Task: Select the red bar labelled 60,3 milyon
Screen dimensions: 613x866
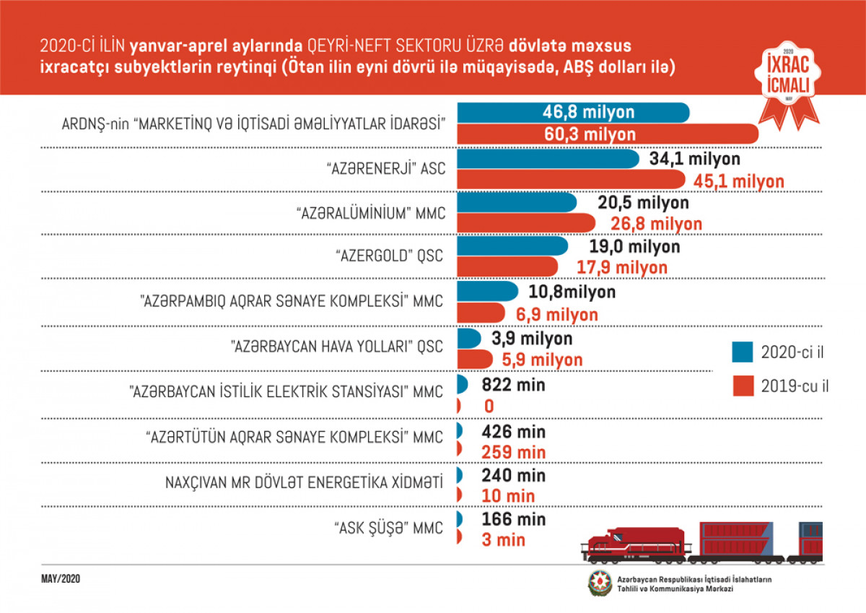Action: pos(606,134)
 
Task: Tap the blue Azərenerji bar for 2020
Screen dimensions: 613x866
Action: pos(547,159)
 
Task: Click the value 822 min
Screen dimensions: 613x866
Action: pos(513,385)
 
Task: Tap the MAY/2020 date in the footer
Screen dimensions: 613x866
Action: pos(61,579)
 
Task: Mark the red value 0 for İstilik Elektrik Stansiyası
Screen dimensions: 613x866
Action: pos(489,407)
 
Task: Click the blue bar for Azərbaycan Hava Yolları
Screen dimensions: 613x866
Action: pos(468,338)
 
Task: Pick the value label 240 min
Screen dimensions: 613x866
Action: pos(513,476)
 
